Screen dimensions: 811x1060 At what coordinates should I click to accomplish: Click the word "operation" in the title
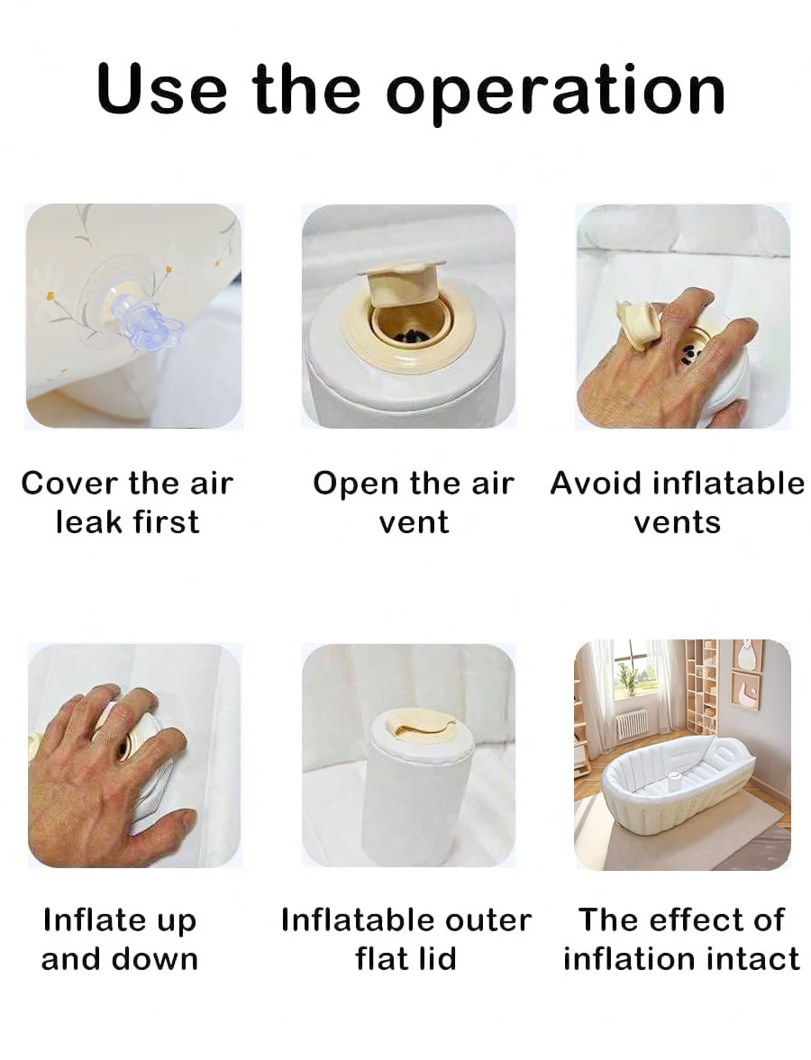point(556,92)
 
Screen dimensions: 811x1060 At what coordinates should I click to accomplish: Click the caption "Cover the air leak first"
point(127,503)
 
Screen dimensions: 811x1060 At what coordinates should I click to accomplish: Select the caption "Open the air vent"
point(414,503)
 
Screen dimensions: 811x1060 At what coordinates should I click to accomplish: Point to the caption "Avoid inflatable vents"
point(677,503)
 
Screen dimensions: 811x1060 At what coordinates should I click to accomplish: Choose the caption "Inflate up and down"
point(120,939)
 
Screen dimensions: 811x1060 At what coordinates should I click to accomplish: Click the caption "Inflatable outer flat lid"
point(405,939)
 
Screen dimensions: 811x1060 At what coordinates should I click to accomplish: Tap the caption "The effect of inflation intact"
point(681,939)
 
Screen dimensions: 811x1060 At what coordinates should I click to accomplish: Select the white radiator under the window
point(632,724)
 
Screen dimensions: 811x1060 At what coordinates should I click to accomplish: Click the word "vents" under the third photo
point(677,522)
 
